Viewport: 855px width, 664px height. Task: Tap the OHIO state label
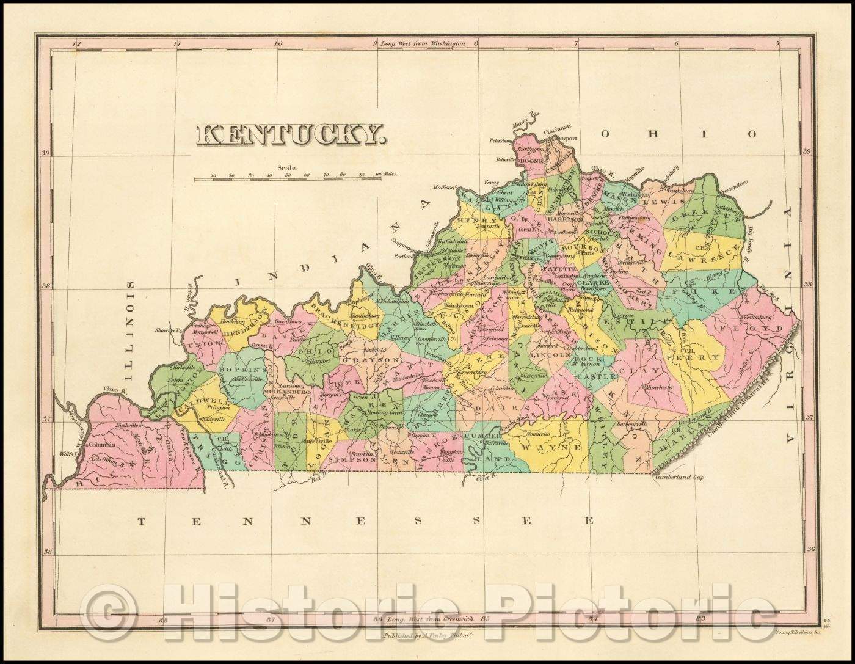(x=679, y=134)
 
